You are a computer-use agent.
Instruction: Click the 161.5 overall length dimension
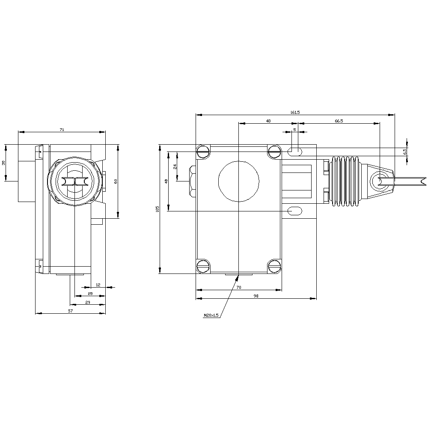tap(295, 112)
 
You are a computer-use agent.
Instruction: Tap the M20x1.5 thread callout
tap(211, 315)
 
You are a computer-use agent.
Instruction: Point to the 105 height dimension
tap(158, 209)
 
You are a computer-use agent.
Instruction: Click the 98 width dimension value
tap(256, 296)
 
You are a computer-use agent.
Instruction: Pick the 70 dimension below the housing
tap(239, 287)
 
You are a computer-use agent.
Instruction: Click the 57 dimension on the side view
tap(71, 311)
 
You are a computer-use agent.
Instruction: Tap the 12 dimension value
tap(98, 285)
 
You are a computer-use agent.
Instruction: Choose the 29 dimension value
tap(88, 303)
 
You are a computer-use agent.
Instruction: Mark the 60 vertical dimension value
tap(115, 181)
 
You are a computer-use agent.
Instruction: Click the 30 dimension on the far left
tap(3, 163)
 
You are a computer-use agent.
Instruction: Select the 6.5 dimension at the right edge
tap(404, 151)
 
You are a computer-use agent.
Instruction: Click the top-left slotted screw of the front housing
tap(203, 151)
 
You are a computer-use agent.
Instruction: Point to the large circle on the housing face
tap(239, 181)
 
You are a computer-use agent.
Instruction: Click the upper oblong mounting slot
tap(294, 151)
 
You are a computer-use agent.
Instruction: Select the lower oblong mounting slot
tap(295, 211)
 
